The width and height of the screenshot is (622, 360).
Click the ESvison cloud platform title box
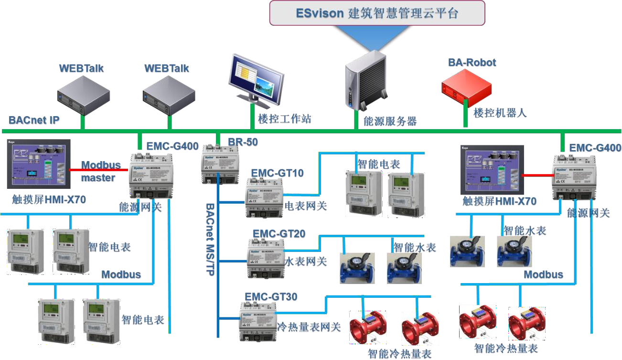[x=376, y=13]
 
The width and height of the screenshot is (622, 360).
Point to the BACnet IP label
[x=34, y=120]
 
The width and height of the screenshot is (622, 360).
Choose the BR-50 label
[x=243, y=142]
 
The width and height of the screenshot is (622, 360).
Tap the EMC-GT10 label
[x=277, y=173]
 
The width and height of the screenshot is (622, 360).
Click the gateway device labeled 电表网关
[x=265, y=197]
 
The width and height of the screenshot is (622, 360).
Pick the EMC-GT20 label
[x=279, y=234]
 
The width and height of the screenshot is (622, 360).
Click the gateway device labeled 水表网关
[x=266, y=258]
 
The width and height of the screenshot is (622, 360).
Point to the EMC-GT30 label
[x=271, y=297]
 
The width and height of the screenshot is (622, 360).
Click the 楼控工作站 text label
[x=284, y=119]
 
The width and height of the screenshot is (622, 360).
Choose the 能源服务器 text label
[x=390, y=121]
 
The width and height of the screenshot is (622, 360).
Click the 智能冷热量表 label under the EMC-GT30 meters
[x=399, y=354]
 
